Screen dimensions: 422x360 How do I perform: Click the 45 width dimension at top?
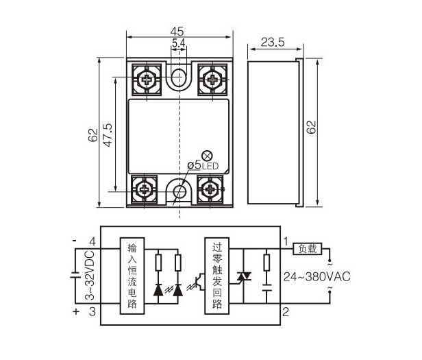[177, 31]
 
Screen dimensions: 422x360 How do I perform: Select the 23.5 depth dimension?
[272, 43]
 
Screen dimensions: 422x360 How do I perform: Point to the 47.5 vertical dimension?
[108, 130]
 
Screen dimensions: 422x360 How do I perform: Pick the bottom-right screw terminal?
[209, 189]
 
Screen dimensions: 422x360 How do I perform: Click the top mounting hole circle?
[179, 76]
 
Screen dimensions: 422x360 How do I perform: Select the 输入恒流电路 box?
[132, 276]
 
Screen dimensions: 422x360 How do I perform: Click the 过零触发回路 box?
[217, 276]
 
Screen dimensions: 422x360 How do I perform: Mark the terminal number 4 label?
[92, 241]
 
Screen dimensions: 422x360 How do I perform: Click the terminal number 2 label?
[287, 312]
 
